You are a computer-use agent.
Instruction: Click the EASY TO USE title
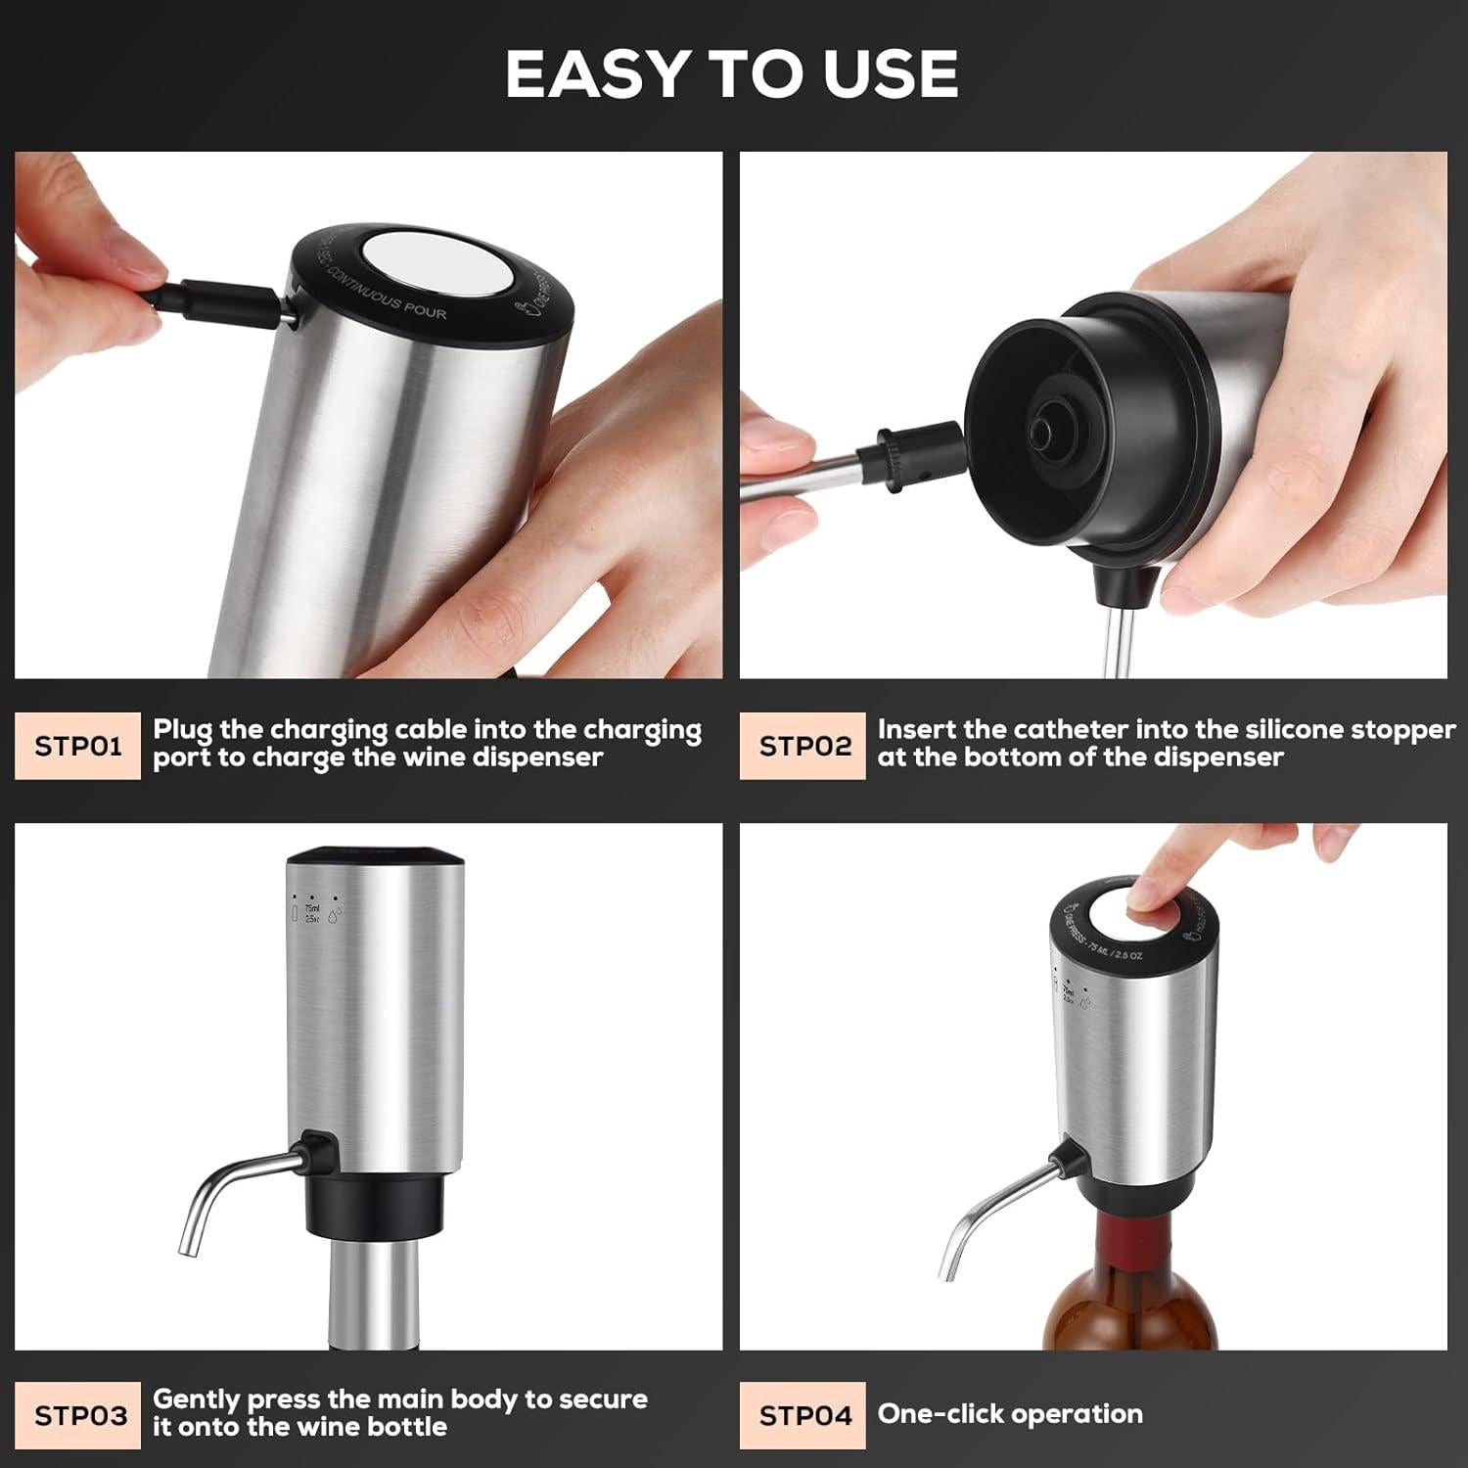(732, 74)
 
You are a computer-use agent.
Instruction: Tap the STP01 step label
(77, 747)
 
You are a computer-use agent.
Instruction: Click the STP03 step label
(80, 1415)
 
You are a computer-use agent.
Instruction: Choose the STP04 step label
(804, 1415)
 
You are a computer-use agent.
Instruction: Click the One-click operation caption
(1010, 1414)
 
